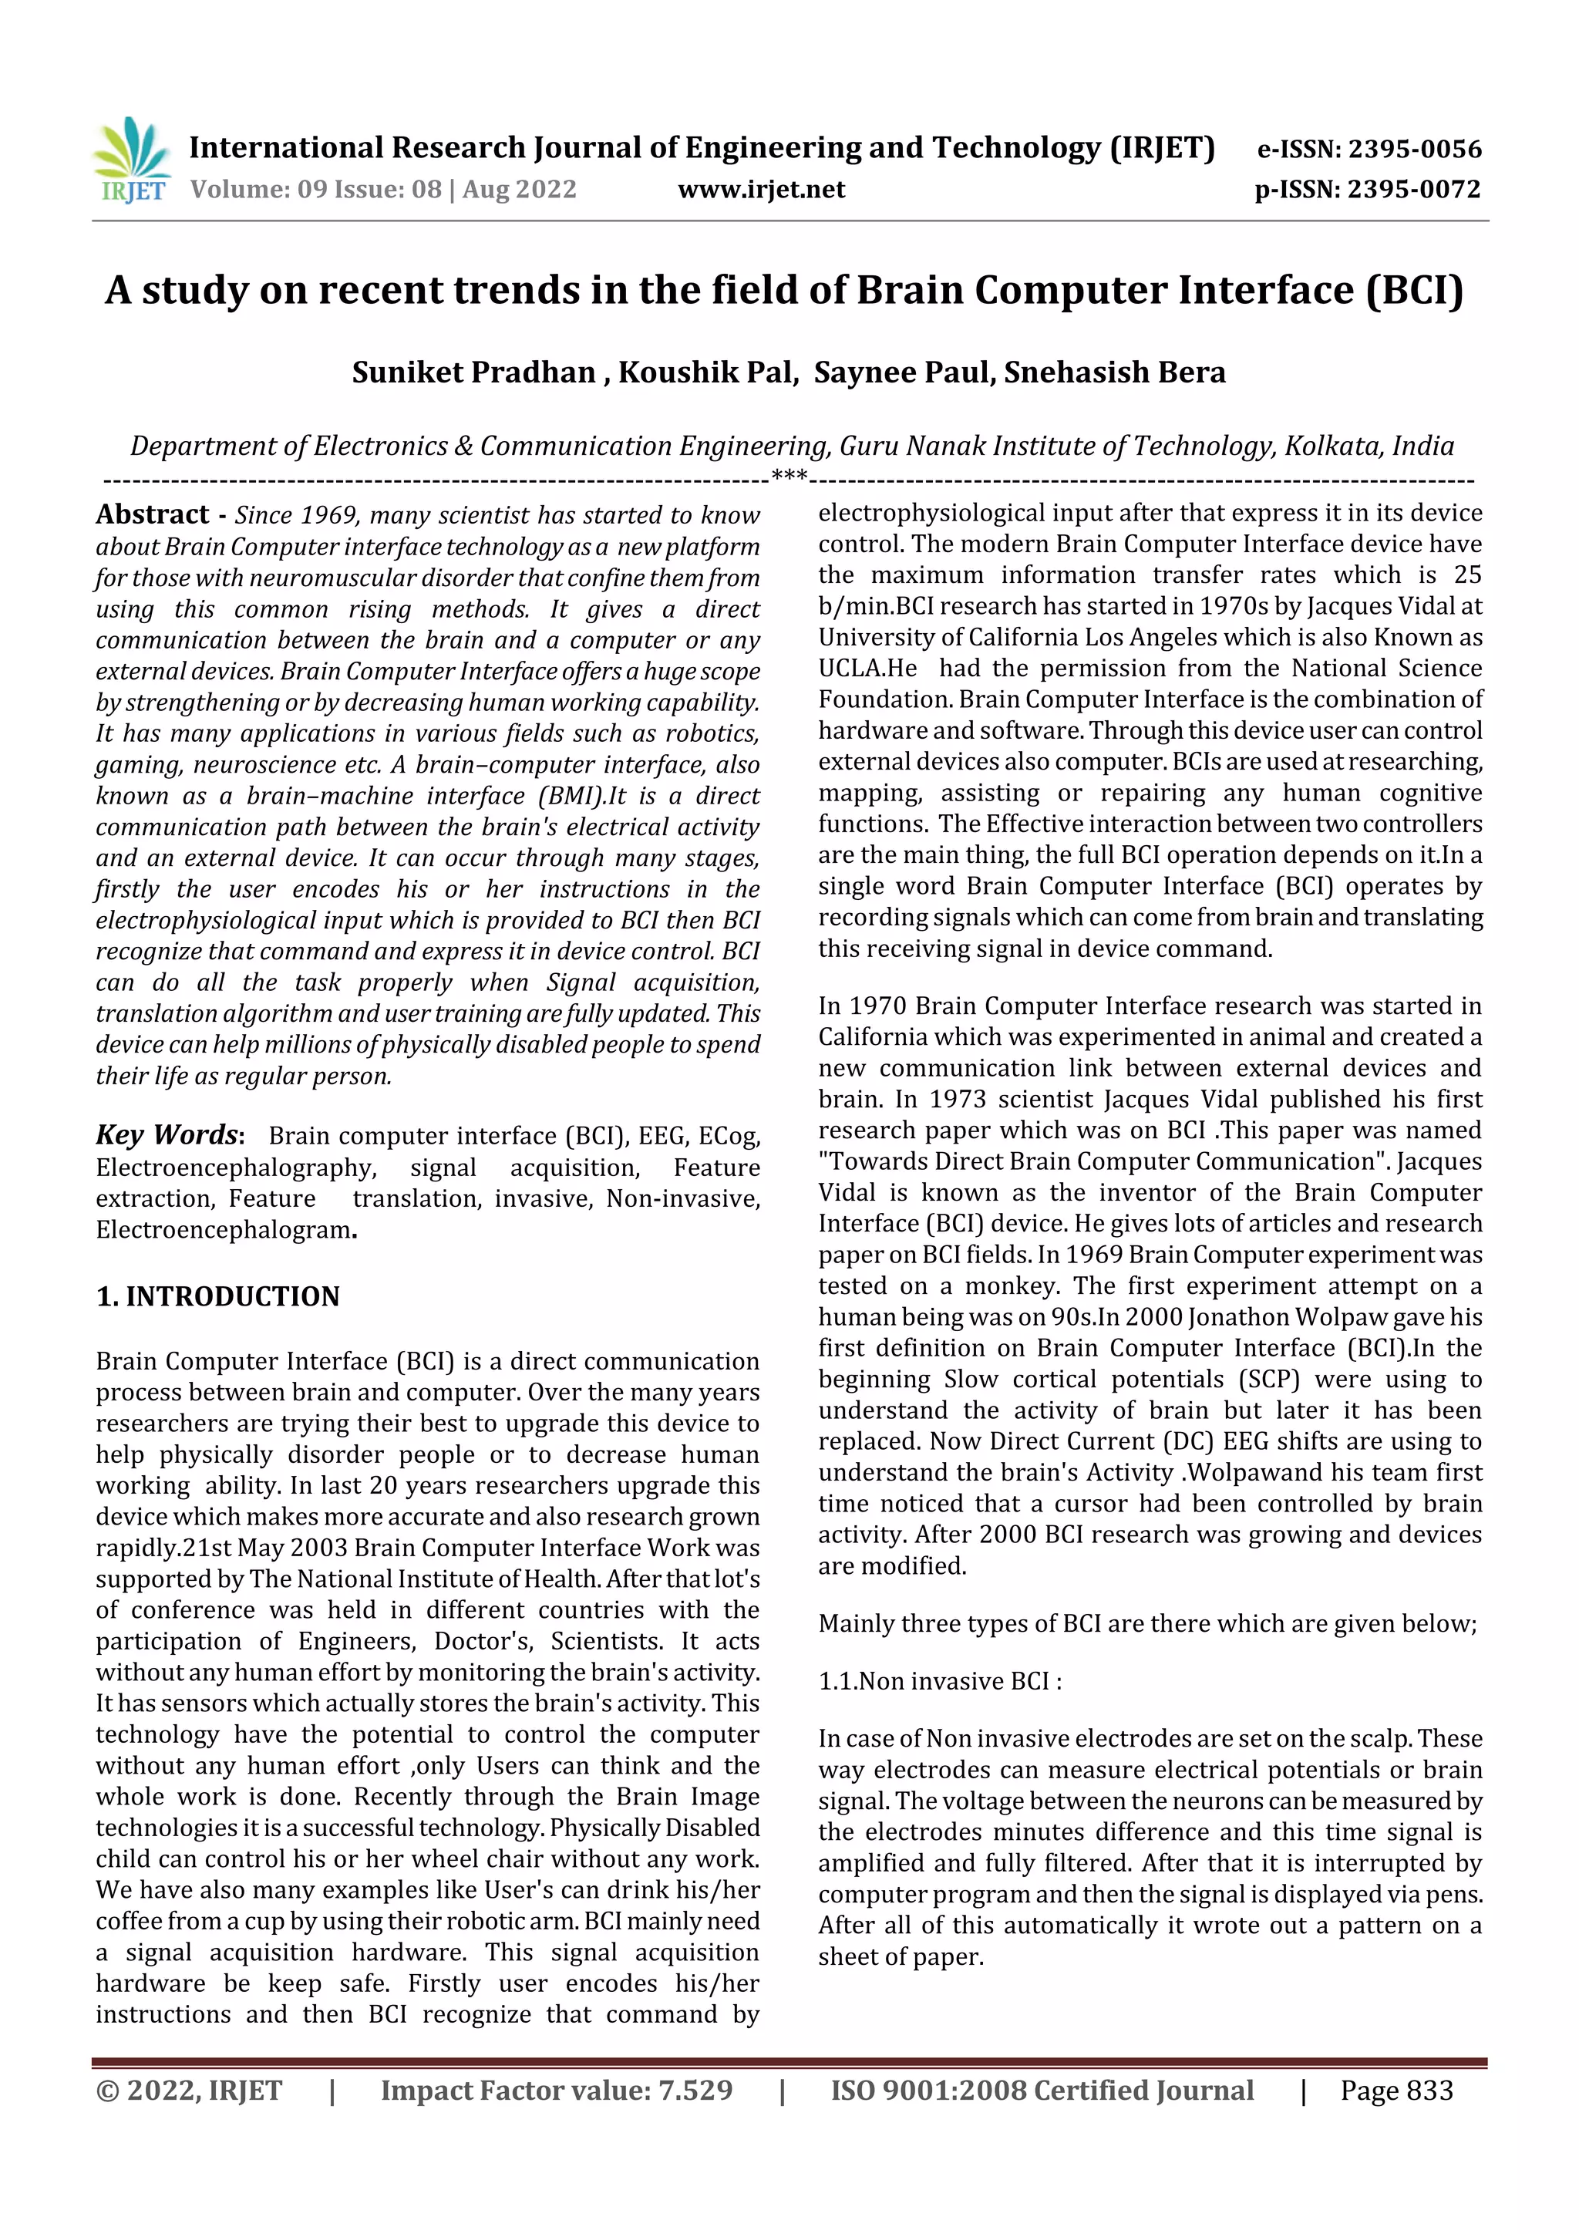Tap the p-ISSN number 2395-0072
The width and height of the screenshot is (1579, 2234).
[x=1412, y=190]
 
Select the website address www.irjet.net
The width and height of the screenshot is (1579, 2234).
[x=761, y=190]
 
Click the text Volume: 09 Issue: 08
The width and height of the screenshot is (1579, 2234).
[x=315, y=190]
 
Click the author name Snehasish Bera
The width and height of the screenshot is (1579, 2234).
[x=1115, y=372]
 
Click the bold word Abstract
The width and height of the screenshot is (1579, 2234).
[x=153, y=514]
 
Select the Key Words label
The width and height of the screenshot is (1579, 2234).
[x=167, y=1134]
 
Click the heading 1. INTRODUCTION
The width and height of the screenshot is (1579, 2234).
[x=218, y=1297]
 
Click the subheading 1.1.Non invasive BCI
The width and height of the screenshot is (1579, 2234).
[x=939, y=1681]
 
